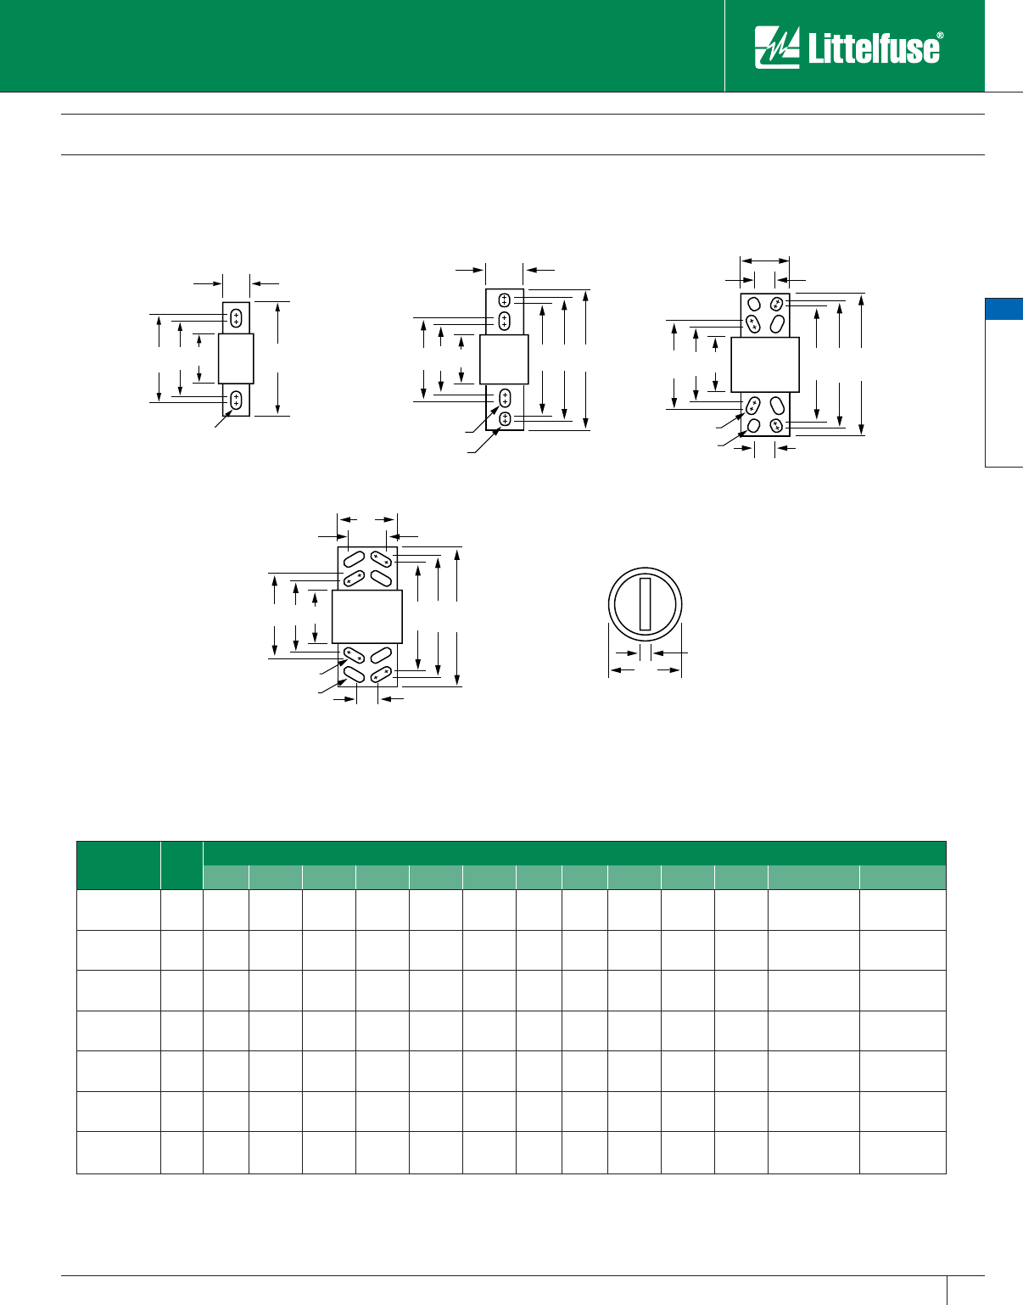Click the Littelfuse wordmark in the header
[x=874, y=48]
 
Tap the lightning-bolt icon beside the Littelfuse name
[x=777, y=47]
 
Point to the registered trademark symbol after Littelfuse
[x=940, y=36]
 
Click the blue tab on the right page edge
[x=1003, y=309]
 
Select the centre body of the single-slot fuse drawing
[x=236, y=359]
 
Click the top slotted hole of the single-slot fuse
[x=236, y=318]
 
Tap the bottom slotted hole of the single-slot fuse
[x=236, y=400]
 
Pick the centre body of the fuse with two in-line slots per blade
[x=504, y=359]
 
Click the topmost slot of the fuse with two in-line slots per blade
[x=505, y=300]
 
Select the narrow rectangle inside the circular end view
[x=645, y=604]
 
